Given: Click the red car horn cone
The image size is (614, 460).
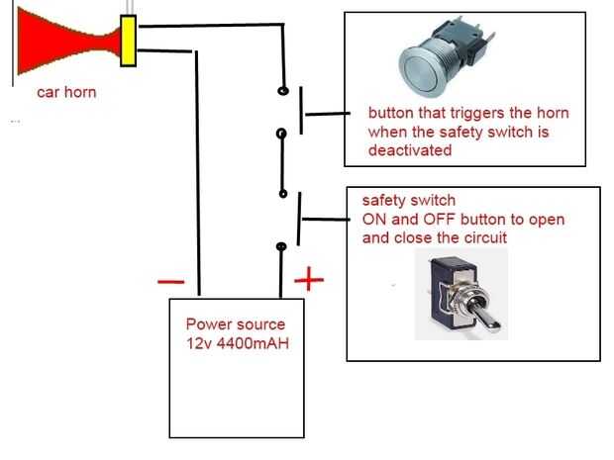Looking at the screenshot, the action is click(62, 42).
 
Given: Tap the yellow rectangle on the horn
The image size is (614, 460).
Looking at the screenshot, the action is click(128, 41).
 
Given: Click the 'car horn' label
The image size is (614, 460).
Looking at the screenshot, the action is click(66, 92).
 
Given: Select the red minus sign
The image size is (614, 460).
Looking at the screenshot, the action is click(170, 281).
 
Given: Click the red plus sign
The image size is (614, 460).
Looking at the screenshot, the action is click(309, 279).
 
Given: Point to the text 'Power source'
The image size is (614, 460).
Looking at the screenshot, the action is click(236, 324).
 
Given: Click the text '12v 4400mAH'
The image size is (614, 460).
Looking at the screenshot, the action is click(238, 343).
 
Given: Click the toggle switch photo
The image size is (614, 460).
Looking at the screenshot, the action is click(461, 294).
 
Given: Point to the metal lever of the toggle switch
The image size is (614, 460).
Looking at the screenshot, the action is click(485, 315).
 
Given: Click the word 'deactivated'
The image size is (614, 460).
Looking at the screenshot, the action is click(410, 150).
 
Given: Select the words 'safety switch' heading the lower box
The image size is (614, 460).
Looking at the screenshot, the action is click(409, 200).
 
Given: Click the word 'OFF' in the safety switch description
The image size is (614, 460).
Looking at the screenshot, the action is click(441, 220).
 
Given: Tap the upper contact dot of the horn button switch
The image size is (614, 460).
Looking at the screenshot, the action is click(283, 91).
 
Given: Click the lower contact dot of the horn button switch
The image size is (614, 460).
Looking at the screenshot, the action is click(281, 134).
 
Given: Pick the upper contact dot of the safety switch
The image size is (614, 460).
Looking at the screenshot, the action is click(283, 193).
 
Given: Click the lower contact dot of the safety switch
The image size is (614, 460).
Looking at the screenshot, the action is click(281, 246).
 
